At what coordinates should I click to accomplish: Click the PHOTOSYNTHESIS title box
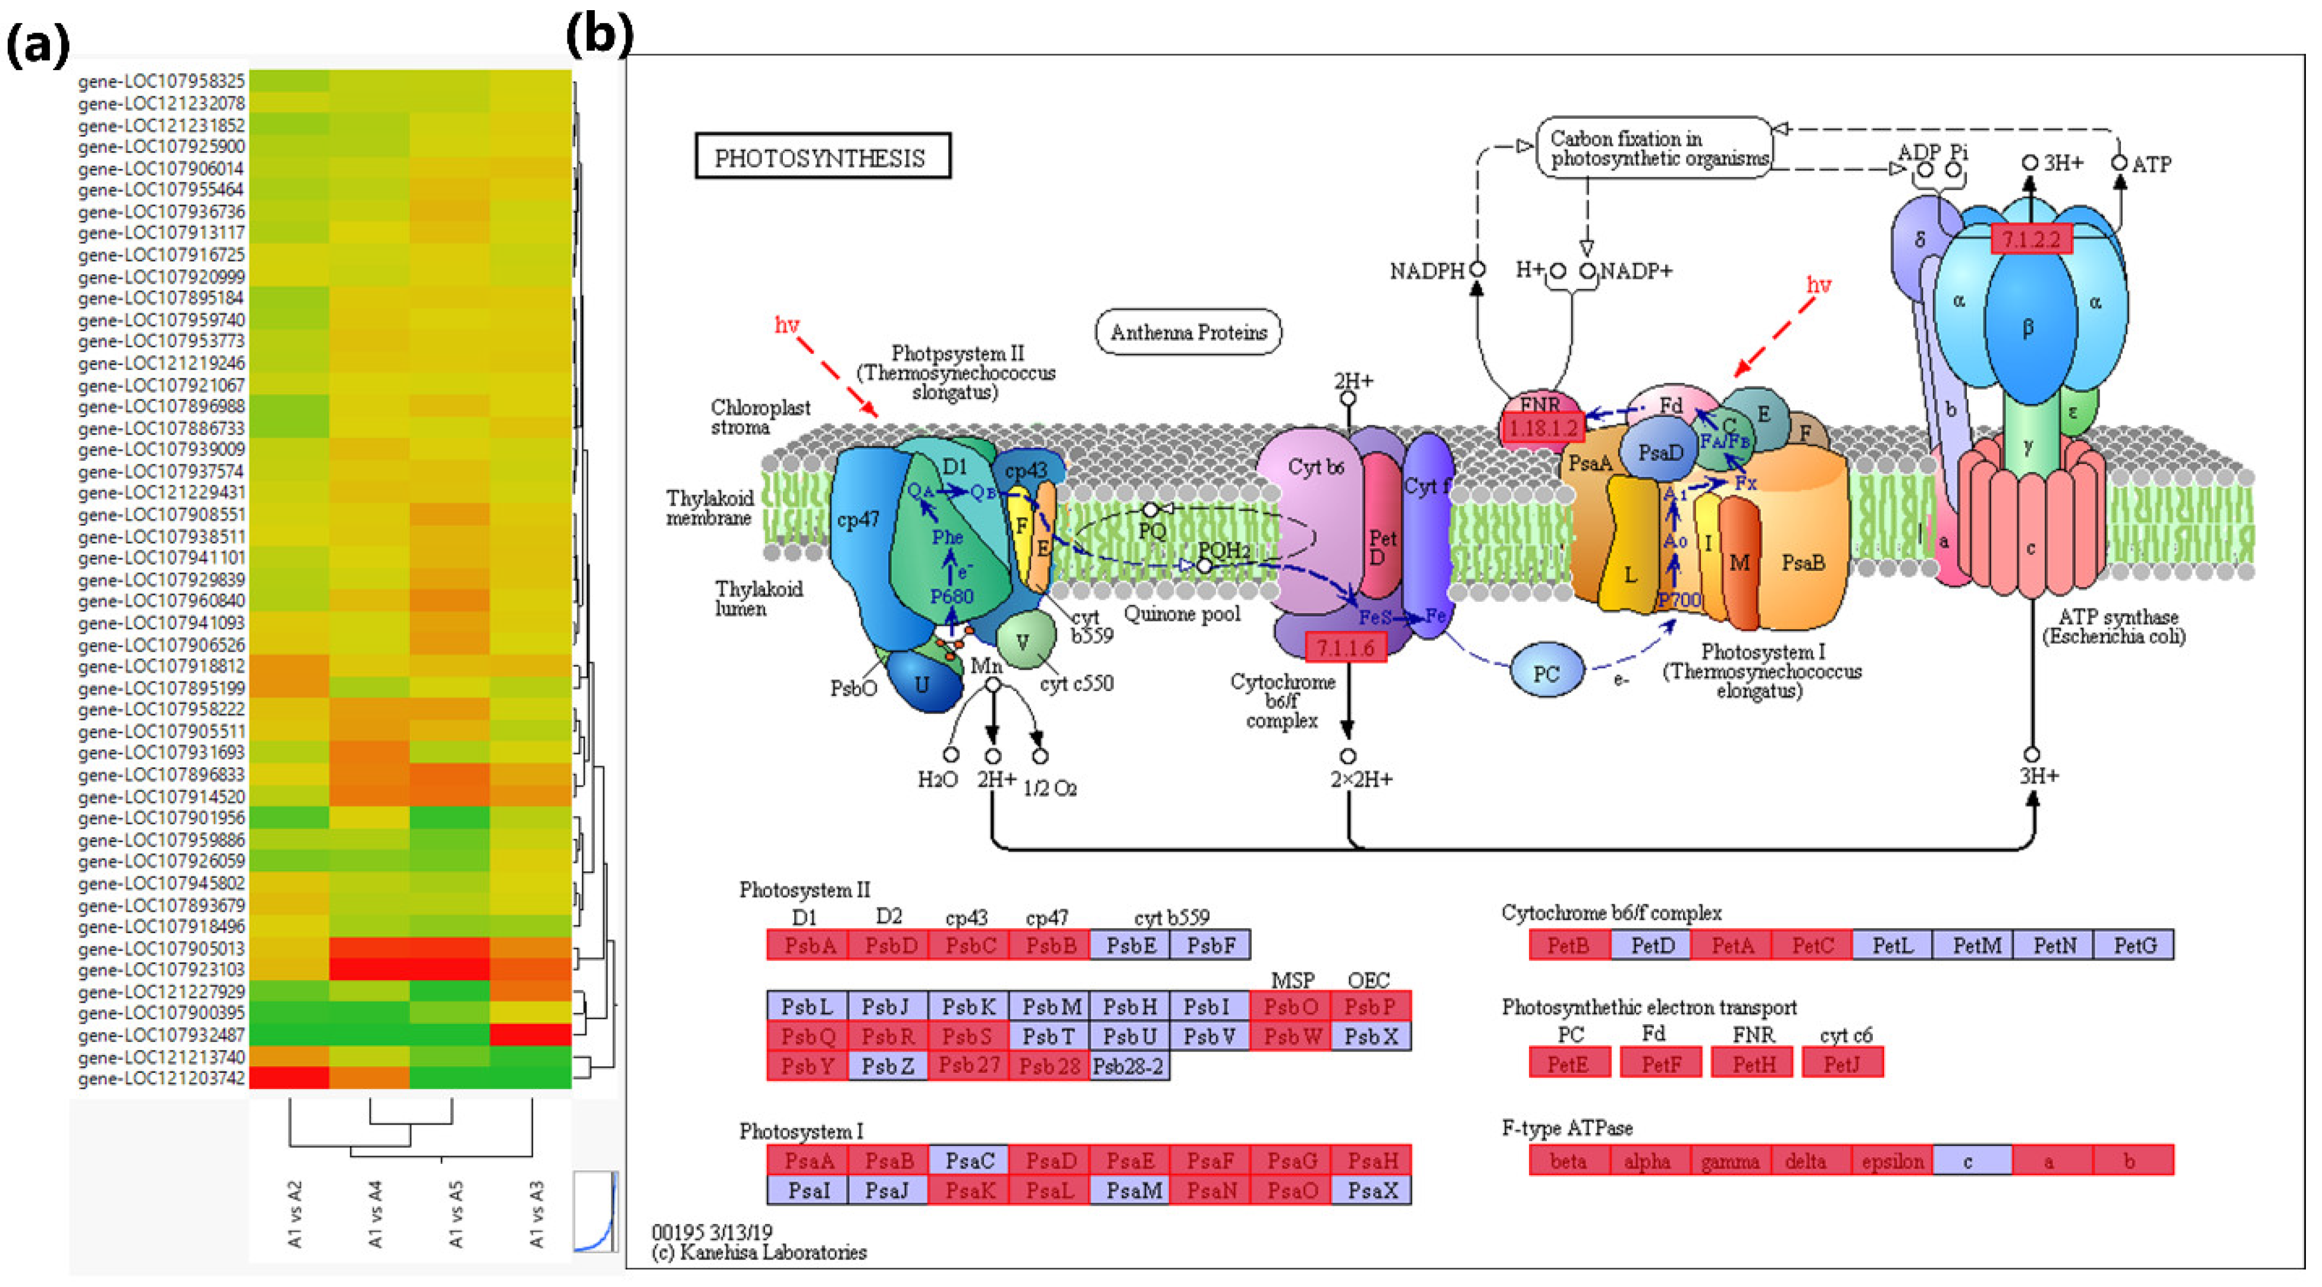coord(821,158)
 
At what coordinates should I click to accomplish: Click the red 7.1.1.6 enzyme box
coord(1345,647)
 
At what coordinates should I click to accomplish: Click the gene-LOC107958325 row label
coord(161,81)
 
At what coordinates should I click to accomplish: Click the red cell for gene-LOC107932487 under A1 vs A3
coord(530,1035)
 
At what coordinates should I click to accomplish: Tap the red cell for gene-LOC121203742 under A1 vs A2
coord(289,1078)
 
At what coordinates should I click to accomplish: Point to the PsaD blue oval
coord(1659,453)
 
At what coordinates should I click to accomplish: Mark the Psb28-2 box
coord(1129,1066)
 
